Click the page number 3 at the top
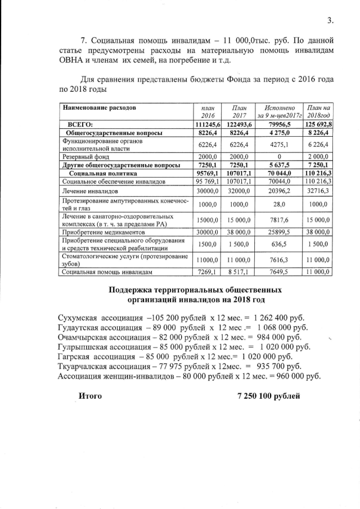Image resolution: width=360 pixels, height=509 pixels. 330,21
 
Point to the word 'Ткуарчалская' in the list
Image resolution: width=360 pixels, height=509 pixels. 86,366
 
